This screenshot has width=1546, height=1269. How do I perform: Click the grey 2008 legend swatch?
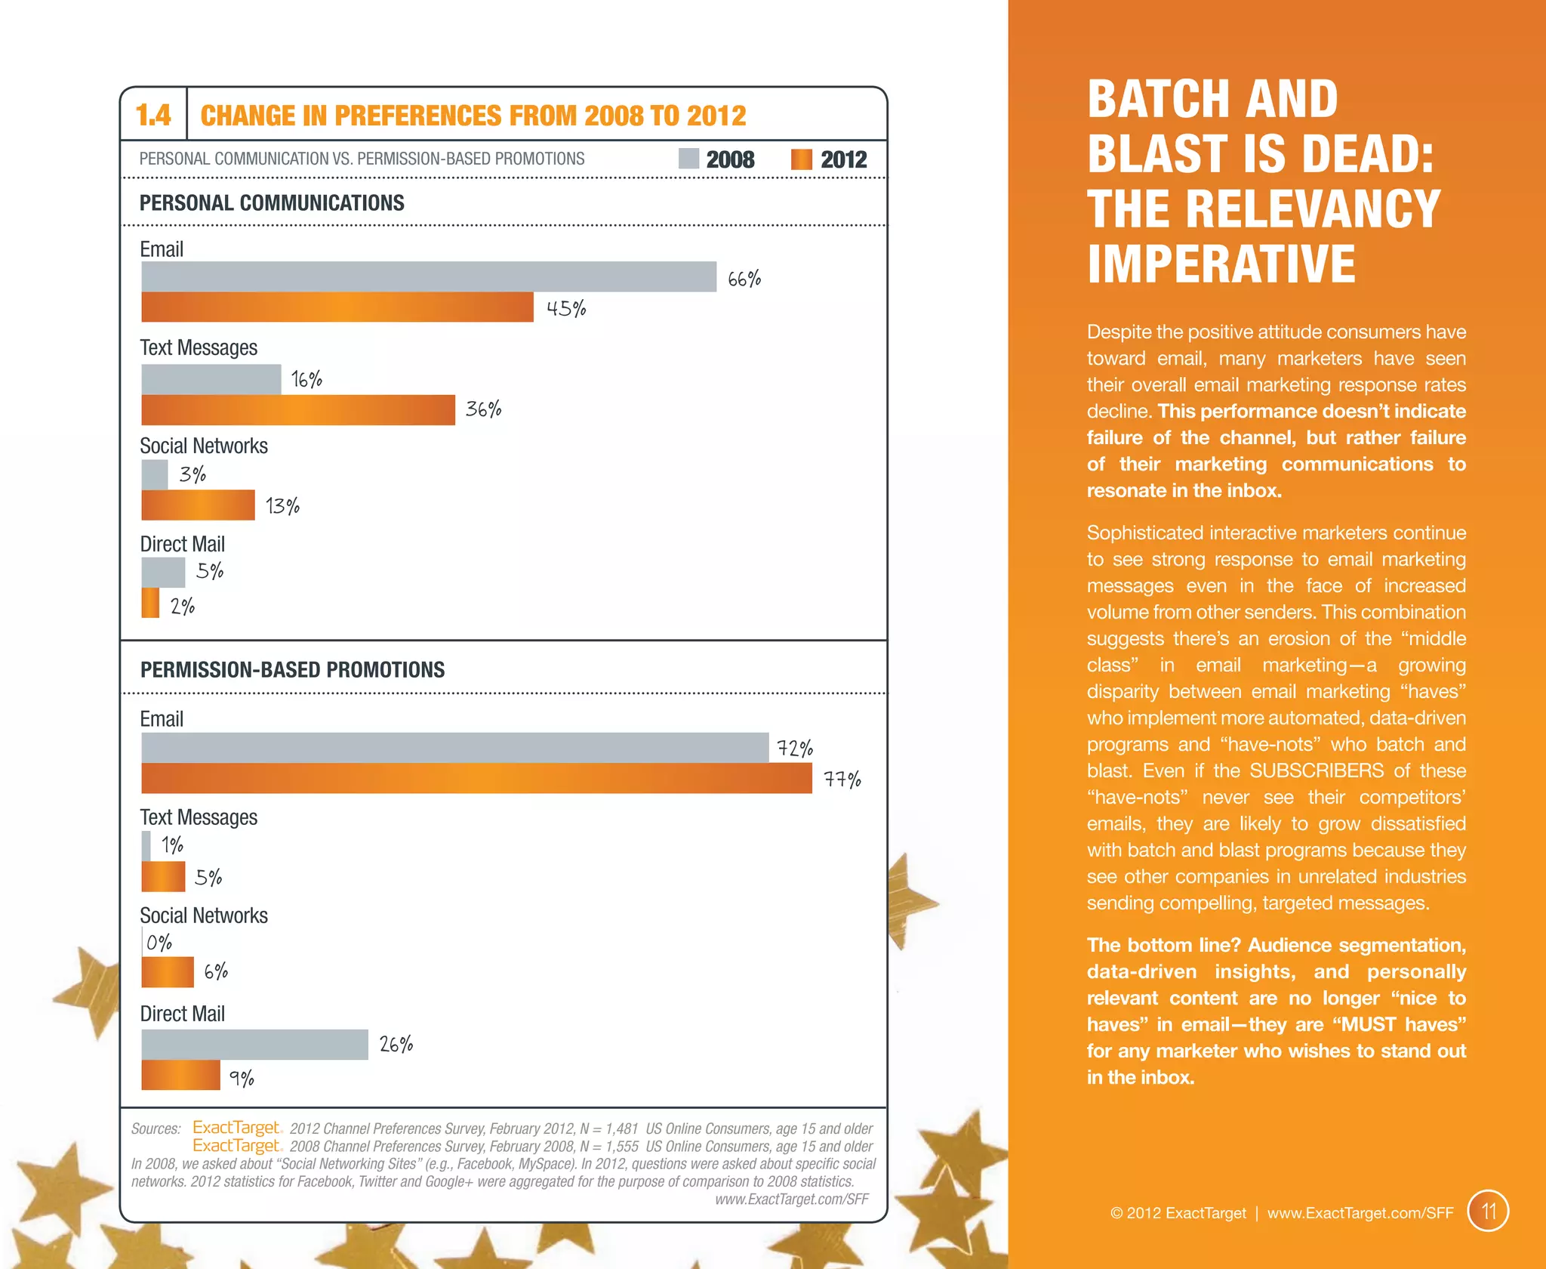tap(688, 159)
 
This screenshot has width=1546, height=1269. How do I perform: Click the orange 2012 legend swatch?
tap(801, 159)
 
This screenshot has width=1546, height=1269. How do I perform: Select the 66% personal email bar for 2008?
tap(428, 276)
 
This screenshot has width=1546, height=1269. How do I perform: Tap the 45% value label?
tap(566, 308)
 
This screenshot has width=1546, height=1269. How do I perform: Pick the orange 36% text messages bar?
tap(297, 410)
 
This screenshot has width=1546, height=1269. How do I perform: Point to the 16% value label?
tap(306, 379)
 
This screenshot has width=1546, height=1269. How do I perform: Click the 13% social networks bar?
tap(198, 505)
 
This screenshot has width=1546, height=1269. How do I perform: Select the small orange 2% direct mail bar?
tap(150, 603)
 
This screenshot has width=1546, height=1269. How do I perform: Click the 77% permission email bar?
tap(476, 778)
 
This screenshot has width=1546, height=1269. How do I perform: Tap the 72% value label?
tap(795, 749)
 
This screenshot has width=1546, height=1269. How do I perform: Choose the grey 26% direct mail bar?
tap(254, 1045)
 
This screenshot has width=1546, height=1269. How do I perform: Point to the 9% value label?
tap(242, 1078)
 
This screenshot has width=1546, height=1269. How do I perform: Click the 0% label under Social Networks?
tap(159, 943)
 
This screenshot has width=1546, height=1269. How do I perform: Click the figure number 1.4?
tap(153, 116)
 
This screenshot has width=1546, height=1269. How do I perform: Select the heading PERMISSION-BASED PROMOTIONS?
tap(292, 670)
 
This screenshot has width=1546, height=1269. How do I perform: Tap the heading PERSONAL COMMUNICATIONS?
tap(272, 203)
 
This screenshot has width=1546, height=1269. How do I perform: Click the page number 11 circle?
tap(1488, 1212)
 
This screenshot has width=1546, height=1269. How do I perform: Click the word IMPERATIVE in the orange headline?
tap(1221, 264)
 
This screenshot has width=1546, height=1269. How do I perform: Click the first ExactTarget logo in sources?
tap(236, 1127)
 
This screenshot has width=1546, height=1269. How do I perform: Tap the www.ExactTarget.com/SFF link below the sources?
tap(791, 1200)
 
